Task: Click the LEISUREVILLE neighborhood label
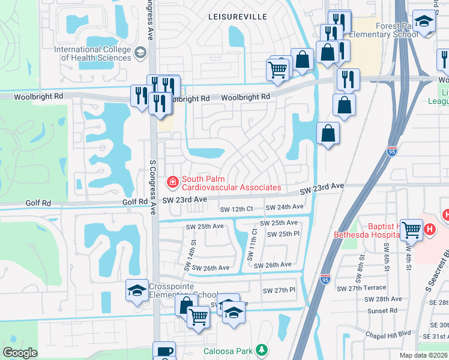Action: [237, 17]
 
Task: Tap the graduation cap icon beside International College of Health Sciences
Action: [141, 53]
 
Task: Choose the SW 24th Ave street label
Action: [285, 207]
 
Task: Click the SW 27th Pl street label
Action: [279, 290]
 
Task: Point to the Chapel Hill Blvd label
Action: [388, 332]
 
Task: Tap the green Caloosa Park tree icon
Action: [261, 349]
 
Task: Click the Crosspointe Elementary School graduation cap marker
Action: [137, 290]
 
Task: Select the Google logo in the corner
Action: [20, 353]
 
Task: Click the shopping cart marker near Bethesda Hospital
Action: [412, 228]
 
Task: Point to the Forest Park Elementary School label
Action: [396, 31]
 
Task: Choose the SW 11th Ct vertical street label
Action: [254, 244]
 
